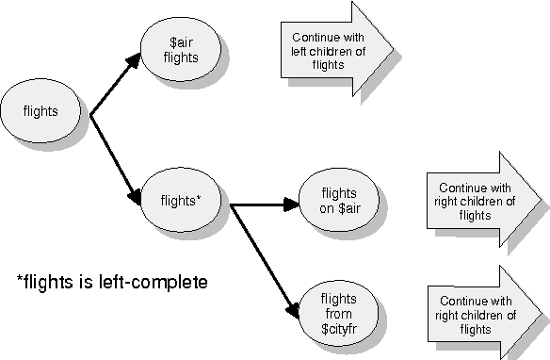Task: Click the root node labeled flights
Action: click(x=40, y=110)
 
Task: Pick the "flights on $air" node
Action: click(x=339, y=201)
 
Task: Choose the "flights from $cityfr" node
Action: click(x=339, y=310)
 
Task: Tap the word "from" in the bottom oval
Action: click(x=339, y=311)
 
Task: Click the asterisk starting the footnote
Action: click(x=20, y=280)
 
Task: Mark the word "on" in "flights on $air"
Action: click(x=326, y=209)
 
